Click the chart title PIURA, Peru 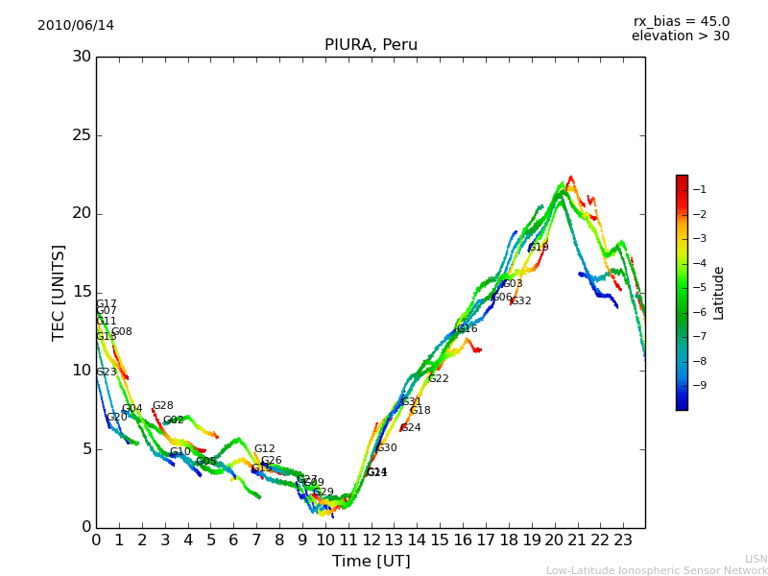click(371, 45)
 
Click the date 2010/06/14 click(76, 25)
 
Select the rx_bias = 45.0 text click(681, 21)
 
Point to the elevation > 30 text click(680, 36)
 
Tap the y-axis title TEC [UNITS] click(60, 292)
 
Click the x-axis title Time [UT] click(371, 562)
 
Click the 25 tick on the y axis click(82, 135)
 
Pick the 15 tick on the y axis click(82, 292)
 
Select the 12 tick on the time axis click(372, 540)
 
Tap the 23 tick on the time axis click(622, 540)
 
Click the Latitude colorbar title click(719, 293)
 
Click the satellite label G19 click(539, 248)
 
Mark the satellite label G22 click(439, 379)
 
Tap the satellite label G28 click(163, 406)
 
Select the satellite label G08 click(122, 332)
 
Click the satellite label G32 click(520, 301)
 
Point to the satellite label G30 click(386, 448)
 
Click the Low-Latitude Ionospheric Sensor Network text click(657, 571)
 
